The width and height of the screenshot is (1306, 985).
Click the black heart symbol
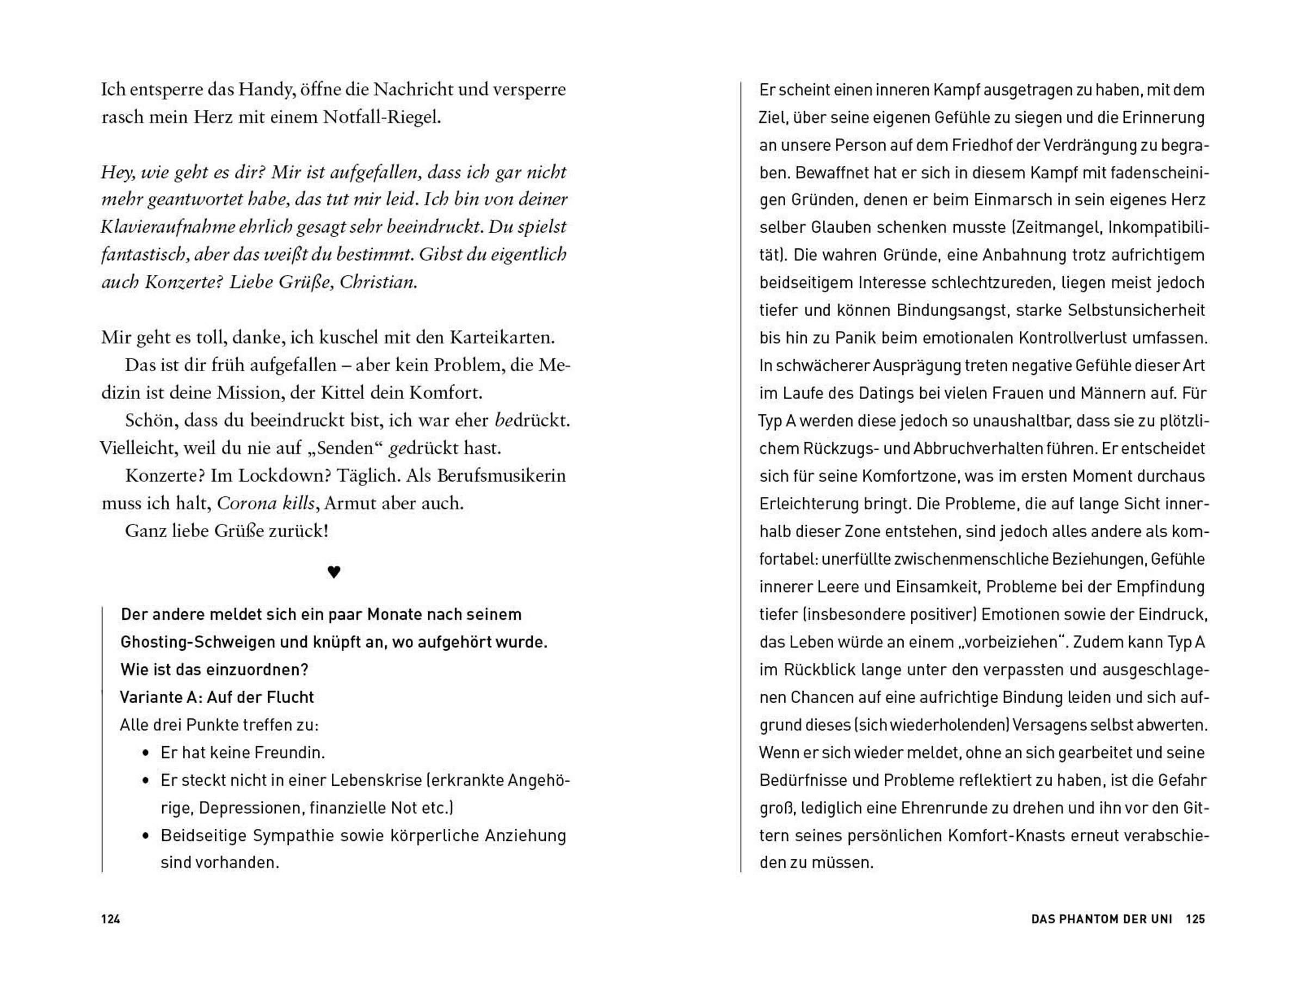334,571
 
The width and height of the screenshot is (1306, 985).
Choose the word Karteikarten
502,337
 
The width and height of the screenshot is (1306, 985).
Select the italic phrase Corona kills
266,503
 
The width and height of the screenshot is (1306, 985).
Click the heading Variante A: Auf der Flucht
217,698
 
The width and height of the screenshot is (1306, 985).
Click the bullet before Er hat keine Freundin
146,754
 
